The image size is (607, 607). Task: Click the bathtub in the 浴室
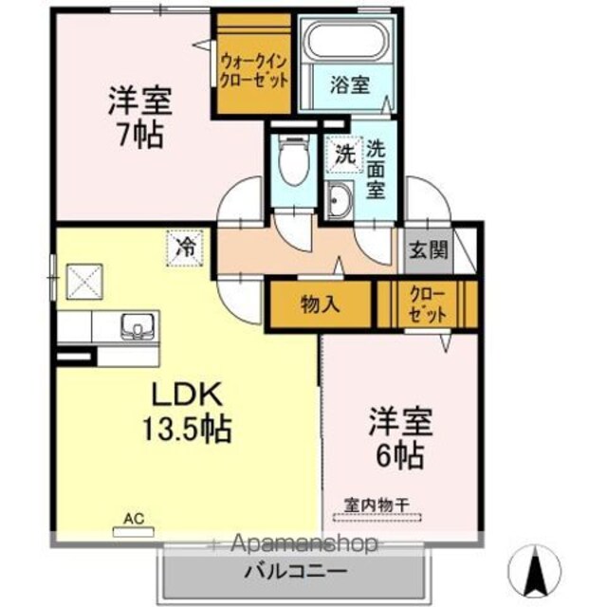[347, 42]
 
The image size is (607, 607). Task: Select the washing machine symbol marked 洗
[344, 155]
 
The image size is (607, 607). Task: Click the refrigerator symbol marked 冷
[185, 248]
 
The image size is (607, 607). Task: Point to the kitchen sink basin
[138, 326]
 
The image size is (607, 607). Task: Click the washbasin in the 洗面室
[340, 200]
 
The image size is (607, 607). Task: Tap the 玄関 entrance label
[429, 250]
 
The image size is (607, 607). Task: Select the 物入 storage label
[321, 303]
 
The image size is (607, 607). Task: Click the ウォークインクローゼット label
[254, 71]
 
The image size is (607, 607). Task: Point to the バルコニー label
[295, 571]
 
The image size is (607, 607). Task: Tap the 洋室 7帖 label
[139, 118]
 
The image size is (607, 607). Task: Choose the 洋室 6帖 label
[400, 438]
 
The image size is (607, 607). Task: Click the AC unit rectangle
[134, 532]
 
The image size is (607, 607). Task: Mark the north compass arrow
[536, 570]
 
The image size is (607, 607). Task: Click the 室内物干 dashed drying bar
[377, 517]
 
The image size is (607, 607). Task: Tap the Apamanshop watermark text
[303, 543]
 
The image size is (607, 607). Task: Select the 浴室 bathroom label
[350, 85]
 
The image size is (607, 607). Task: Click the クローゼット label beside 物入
[428, 305]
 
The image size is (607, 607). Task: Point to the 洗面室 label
[376, 169]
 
